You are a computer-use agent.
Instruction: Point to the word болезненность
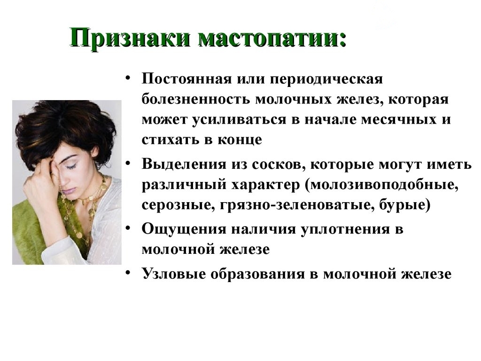point(195,100)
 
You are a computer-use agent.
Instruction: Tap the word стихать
point(170,140)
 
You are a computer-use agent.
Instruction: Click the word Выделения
point(184,165)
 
